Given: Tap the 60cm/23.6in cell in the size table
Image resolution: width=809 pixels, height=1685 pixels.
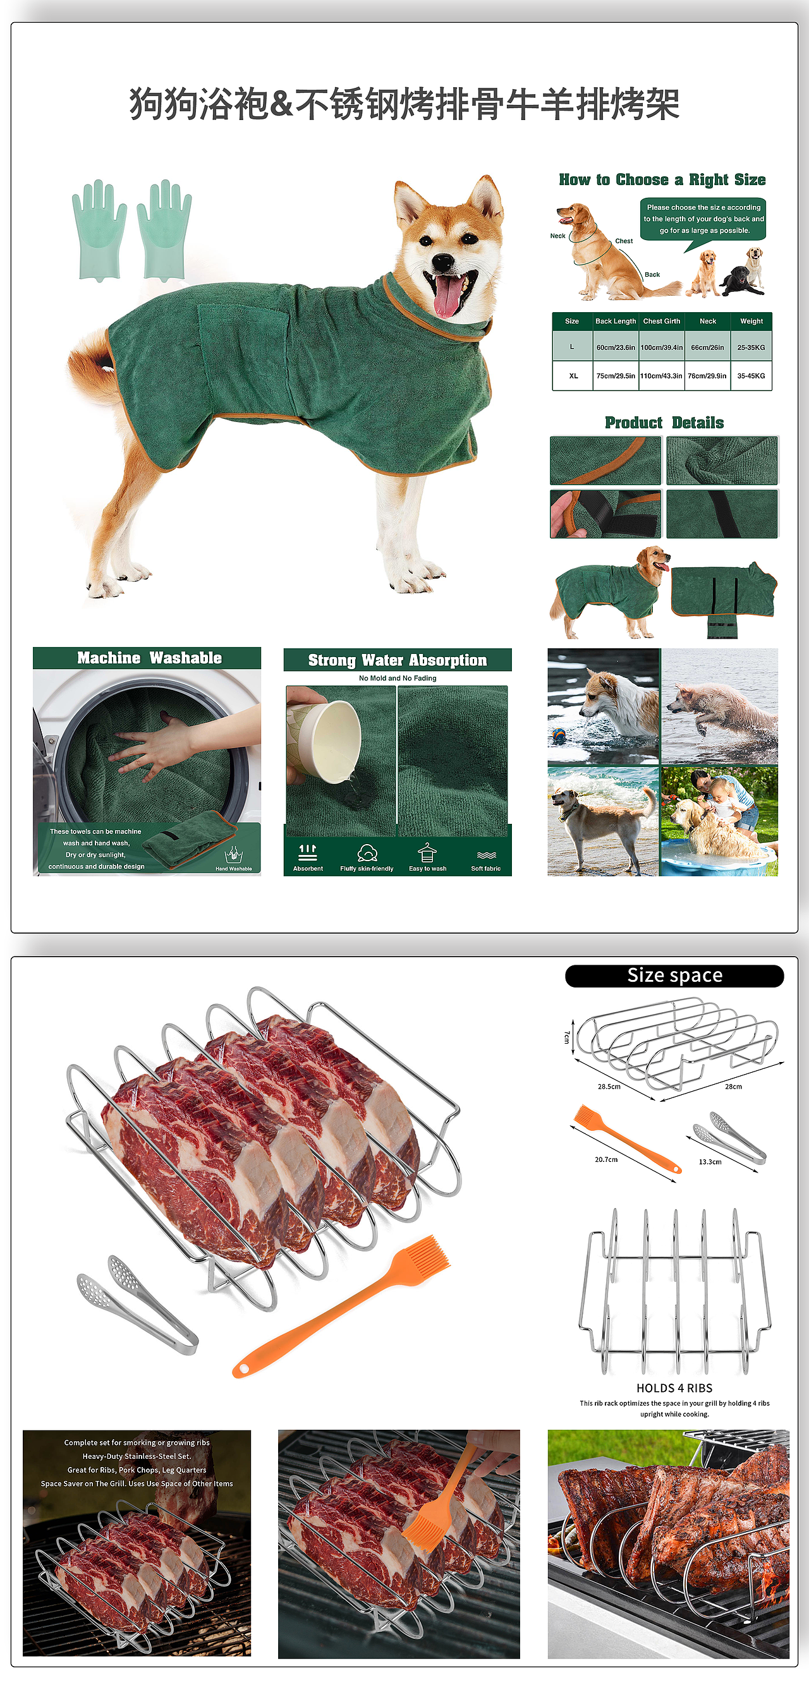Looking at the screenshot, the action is pyautogui.click(x=615, y=347).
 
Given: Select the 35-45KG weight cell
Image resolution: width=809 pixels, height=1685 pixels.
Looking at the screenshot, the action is pyautogui.click(x=751, y=376).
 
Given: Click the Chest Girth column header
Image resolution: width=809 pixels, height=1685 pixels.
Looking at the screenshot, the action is pyautogui.click(x=662, y=321).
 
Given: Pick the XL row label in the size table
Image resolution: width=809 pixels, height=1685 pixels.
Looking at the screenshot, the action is pyautogui.click(x=573, y=376).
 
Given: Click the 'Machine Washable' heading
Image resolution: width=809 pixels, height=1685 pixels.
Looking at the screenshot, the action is pyautogui.click(x=149, y=658).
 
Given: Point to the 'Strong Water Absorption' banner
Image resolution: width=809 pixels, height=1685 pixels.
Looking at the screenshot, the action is pyautogui.click(x=398, y=660).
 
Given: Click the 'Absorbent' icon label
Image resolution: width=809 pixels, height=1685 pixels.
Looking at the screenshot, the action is pyautogui.click(x=308, y=869).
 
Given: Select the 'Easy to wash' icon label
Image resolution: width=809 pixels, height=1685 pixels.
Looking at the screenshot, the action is pyautogui.click(x=427, y=869).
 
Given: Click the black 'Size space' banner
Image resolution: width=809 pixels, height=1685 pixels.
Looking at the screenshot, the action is pyautogui.click(x=675, y=975).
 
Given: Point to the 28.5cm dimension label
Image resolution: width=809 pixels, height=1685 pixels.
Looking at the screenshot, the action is pyautogui.click(x=609, y=1087).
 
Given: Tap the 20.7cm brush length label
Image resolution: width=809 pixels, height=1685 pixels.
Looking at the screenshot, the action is pyautogui.click(x=605, y=1159).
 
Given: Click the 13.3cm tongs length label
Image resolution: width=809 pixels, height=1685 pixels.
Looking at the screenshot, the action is pyautogui.click(x=710, y=1162).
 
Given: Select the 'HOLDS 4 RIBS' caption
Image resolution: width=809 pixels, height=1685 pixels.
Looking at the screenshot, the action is pyautogui.click(x=674, y=1388).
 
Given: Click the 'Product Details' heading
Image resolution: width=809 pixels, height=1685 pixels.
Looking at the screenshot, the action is pyautogui.click(x=664, y=423).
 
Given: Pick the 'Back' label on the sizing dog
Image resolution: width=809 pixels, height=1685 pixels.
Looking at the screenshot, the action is pyautogui.click(x=652, y=275).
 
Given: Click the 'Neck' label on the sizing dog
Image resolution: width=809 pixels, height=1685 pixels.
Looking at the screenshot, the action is pyautogui.click(x=557, y=236).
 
